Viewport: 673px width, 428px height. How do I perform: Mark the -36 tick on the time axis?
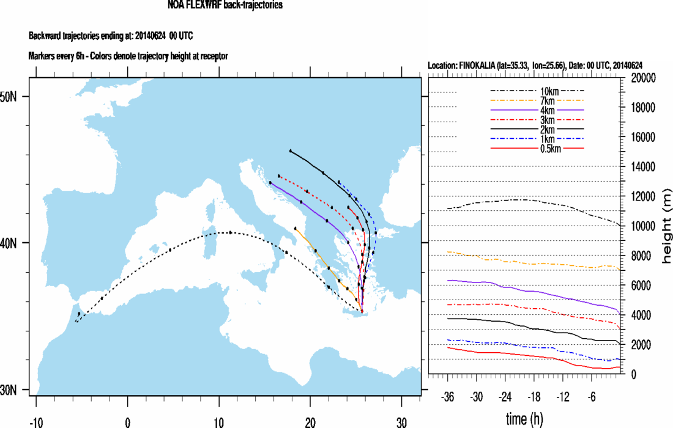click(x=448, y=396)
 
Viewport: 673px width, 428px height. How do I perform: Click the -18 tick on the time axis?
click(x=535, y=396)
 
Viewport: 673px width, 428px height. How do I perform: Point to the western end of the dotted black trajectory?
click(x=75, y=321)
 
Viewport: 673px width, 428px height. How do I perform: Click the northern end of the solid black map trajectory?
click(x=291, y=150)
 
